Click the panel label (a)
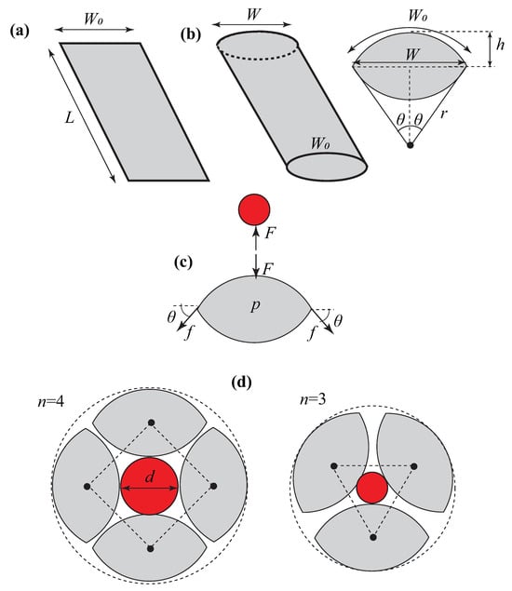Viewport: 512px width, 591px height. tap(20, 31)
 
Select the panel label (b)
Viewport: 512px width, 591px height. tap(191, 34)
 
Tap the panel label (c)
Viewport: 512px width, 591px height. tap(183, 262)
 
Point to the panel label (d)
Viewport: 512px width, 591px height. tap(241, 383)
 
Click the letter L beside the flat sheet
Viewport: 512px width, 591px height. tap(70, 118)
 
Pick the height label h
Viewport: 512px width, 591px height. tap(500, 45)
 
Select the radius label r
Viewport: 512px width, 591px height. tap(444, 114)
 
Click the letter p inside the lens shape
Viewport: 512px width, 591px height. tap(255, 305)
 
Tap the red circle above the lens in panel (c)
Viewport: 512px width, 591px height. tap(254, 209)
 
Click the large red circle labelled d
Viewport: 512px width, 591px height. tap(149, 486)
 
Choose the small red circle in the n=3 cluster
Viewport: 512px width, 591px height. tap(372, 488)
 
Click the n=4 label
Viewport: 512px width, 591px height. tap(50, 402)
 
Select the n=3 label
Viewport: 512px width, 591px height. tap(313, 399)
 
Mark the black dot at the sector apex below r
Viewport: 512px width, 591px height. tap(411, 145)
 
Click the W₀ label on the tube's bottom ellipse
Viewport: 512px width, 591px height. tap(320, 143)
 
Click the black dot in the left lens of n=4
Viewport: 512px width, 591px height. tap(88, 486)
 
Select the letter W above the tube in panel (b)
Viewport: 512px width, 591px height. tap(254, 14)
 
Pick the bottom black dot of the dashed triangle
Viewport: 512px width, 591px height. tap(373, 537)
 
